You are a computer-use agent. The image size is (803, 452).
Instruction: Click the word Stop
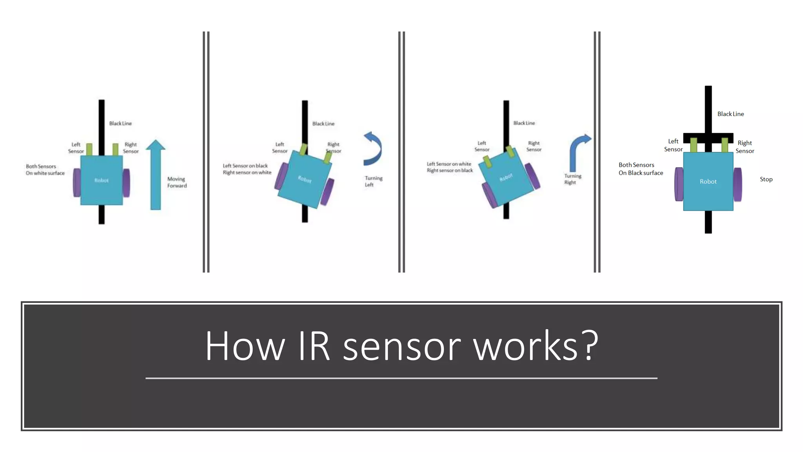[x=766, y=179]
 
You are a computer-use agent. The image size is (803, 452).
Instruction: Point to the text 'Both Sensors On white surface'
[x=45, y=169]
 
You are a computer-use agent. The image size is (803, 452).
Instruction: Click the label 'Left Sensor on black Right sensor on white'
[x=247, y=169]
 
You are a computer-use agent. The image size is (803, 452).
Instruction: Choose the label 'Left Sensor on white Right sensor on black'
[x=449, y=167]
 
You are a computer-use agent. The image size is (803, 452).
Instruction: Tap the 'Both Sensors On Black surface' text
[x=640, y=169]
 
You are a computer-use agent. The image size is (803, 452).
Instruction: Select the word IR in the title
[x=314, y=346]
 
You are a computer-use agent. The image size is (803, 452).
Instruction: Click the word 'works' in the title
[x=525, y=346]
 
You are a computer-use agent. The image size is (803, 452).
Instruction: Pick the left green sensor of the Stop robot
[x=694, y=145]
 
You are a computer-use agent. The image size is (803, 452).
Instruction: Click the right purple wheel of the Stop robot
[x=738, y=184]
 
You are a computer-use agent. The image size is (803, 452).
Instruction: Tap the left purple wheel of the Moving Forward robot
[x=77, y=183]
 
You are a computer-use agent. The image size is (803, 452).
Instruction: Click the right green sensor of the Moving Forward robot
[x=115, y=149]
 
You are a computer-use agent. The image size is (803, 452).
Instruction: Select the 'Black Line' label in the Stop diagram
[x=730, y=114]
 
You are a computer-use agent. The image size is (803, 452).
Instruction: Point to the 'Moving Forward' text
[x=177, y=182]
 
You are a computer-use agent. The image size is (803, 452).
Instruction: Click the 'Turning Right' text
[x=572, y=179]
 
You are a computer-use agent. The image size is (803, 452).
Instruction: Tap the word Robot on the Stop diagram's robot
[x=708, y=182]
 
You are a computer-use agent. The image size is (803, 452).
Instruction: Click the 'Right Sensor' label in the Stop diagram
[x=745, y=147]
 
